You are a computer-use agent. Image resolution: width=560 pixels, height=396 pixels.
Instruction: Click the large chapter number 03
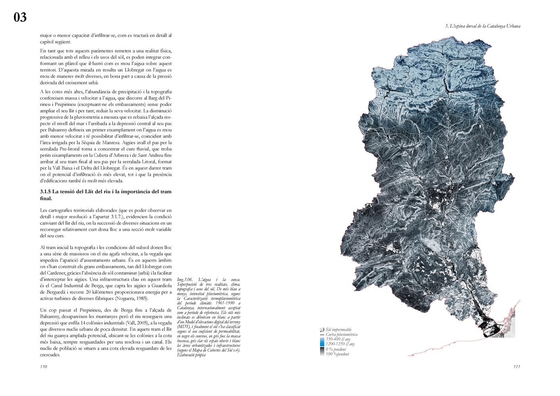[x=20, y=17]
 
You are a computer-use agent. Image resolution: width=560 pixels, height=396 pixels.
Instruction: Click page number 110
[x=44, y=367]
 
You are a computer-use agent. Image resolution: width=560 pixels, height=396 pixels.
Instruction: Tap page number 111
[x=516, y=367]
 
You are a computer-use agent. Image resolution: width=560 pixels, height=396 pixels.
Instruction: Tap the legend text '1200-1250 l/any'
[x=340, y=344]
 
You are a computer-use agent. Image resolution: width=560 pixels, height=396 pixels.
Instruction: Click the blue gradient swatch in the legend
[x=322, y=342]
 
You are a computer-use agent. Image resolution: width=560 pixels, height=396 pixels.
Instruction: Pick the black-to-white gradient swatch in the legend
[x=322, y=352]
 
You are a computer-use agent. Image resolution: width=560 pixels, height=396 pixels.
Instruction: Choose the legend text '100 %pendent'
[x=337, y=354]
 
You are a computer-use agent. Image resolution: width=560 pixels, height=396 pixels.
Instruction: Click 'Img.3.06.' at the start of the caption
[x=185, y=280]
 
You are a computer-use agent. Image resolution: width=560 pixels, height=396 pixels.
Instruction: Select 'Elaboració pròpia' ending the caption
[x=192, y=355]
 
